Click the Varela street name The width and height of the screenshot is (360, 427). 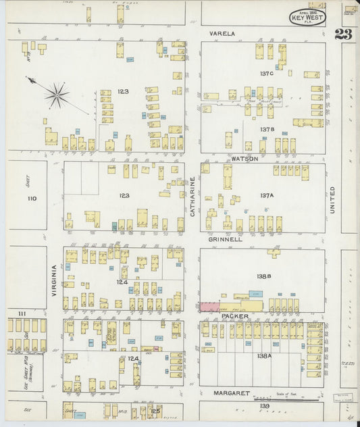[x=222, y=33]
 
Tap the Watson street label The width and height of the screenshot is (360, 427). [x=244, y=159]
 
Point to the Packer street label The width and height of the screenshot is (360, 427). [x=234, y=316]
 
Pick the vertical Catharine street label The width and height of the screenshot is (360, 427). [x=192, y=197]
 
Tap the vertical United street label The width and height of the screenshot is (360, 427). [x=332, y=201]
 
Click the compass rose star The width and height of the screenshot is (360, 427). [x=57, y=95]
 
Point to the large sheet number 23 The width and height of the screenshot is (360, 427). [x=343, y=34]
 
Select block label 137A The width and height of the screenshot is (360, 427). [x=266, y=196]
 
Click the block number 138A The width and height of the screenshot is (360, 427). [x=263, y=355]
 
